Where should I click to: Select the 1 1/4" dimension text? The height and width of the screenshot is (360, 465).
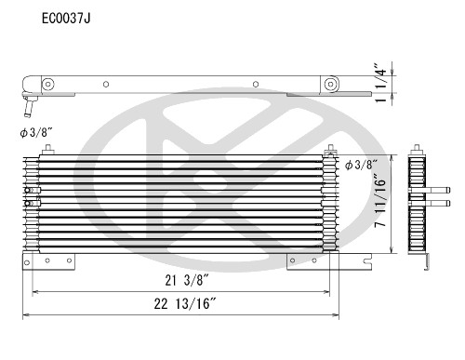tap(409, 82)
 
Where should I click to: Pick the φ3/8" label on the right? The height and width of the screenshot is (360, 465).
tap(361, 165)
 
